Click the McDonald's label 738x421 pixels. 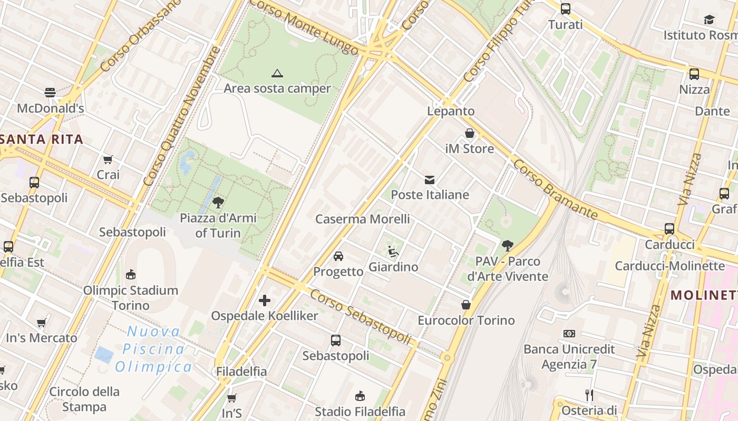51,108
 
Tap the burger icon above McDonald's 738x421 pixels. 50,93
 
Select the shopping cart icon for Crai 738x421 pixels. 108,159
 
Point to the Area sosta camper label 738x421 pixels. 277,88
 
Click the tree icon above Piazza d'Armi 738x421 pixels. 218,203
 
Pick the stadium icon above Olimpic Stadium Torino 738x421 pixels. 131,274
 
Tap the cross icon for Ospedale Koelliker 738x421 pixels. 265,300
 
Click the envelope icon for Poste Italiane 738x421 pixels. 430,179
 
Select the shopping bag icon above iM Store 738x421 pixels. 469,133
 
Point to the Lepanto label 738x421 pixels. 451,111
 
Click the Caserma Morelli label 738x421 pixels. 362,219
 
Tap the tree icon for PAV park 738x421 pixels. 508,246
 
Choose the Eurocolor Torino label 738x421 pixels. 466,320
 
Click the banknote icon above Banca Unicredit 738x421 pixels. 569,334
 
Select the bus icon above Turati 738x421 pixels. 566,9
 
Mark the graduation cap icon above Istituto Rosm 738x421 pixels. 709,20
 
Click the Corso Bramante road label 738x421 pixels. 556,190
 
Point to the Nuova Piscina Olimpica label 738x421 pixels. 154,349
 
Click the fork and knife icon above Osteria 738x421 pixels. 589,395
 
